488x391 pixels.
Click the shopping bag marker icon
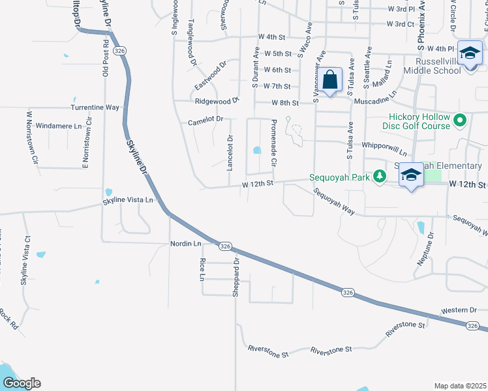[x=331, y=80]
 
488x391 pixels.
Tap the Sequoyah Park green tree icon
[x=379, y=177]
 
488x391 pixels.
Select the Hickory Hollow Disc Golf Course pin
[x=460, y=120]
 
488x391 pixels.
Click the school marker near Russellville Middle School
[x=469, y=54]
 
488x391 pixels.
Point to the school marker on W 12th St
[x=411, y=175]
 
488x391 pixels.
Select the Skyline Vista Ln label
[x=128, y=200]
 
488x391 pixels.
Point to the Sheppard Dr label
[x=236, y=276]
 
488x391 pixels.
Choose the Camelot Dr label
[x=206, y=119]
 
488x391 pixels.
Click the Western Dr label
[x=455, y=311]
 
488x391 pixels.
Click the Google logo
[x=21, y=383]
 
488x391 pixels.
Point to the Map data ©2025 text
[x=460, y=386]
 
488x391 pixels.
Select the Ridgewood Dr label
[x=217, y=102]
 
